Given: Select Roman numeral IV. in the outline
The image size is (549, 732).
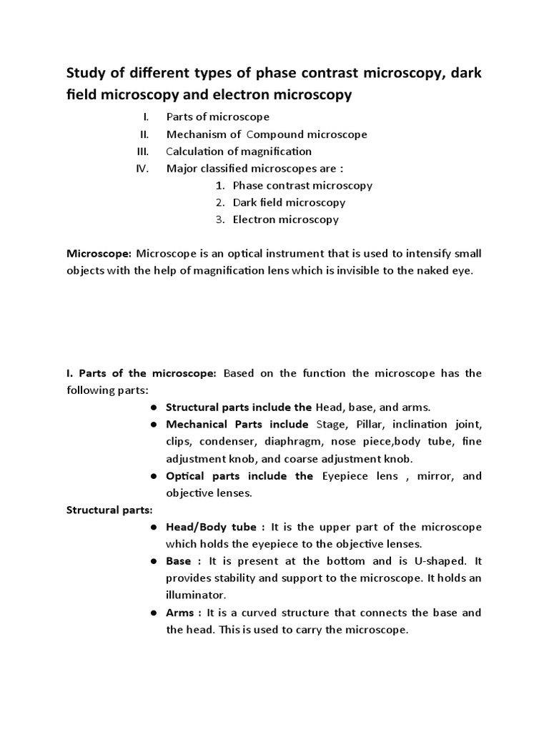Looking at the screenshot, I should (x=141, y=168).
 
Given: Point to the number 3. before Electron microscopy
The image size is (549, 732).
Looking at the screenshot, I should (x=220, y=219).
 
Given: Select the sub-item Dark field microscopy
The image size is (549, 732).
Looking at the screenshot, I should (x=289, y=202).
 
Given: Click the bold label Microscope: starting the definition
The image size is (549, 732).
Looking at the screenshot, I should (x=99, y=254).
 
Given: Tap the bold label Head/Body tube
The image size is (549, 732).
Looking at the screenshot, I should (x=211, y=527).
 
